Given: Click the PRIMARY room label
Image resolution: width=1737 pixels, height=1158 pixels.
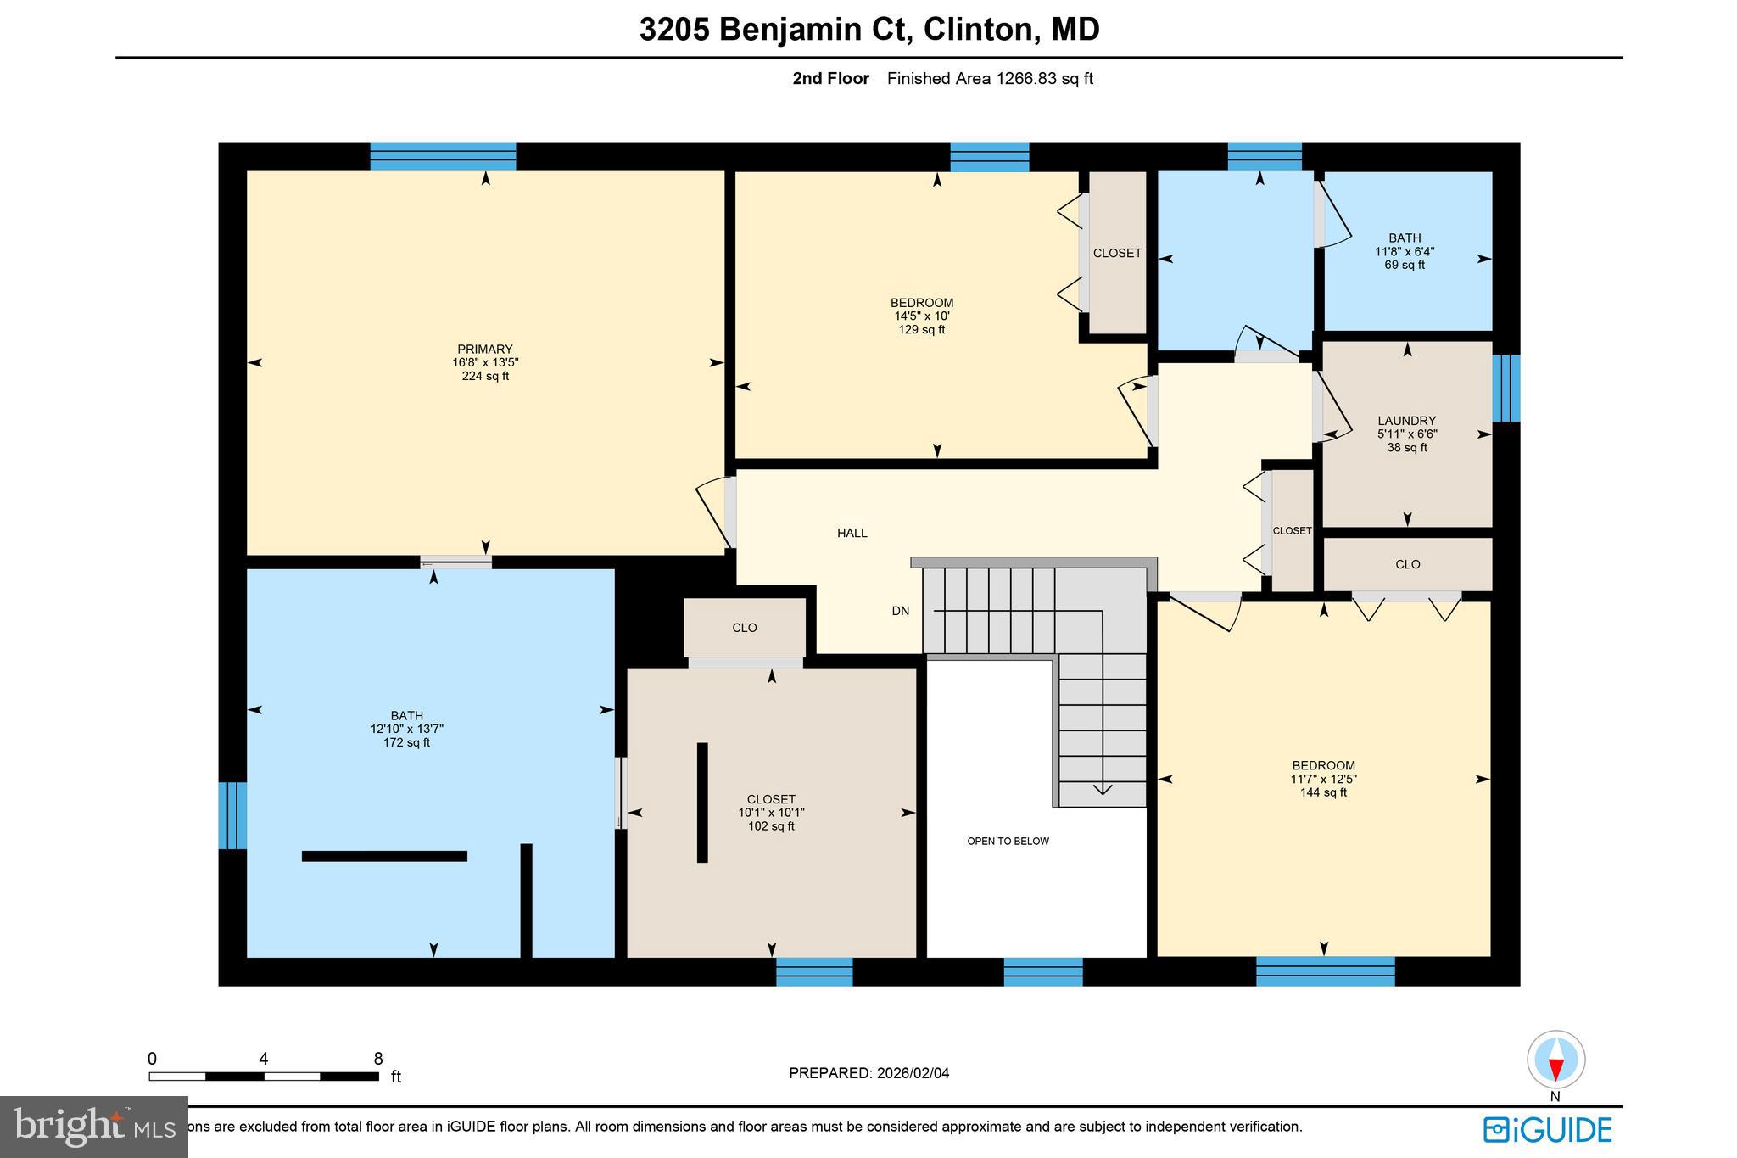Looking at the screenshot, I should (x=485, y=349).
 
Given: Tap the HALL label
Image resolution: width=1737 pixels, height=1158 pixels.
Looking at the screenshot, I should (x=852, y=533).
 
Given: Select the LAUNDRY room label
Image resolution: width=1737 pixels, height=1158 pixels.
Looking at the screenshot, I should (x=1406, y=421).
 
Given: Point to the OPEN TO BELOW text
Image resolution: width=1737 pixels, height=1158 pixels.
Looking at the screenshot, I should (x=1008, y=841).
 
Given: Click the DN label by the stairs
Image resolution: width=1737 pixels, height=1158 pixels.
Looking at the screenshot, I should (x=900, y=610).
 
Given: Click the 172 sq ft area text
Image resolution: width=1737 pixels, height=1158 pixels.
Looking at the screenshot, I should (x=406, y=742).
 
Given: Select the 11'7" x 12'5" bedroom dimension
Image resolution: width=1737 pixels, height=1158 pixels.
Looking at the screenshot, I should (x=1323, y=779).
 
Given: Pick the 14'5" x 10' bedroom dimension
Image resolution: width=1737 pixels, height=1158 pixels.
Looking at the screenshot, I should (x=921, y=316).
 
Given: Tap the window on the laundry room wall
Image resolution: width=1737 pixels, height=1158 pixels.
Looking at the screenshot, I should (x=1505, y=388).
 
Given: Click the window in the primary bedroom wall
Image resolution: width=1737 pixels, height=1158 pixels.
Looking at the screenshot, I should (x=443, y=156).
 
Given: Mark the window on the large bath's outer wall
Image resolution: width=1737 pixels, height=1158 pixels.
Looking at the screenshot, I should (x=232, y=815).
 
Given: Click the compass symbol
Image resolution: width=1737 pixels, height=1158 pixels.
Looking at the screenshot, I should (x=1555, y=1060).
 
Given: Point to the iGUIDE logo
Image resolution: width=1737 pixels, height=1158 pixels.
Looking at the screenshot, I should (x=1547, y=1130).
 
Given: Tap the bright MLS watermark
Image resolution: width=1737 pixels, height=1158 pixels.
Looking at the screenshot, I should (x=93, y=1127).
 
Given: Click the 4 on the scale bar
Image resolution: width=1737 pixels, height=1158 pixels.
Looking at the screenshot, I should (x=264, y=1059).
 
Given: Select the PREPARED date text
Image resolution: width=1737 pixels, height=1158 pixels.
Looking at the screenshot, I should (x=868, y=1073).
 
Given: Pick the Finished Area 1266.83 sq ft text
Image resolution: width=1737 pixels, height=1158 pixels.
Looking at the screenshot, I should (x=990, y=79).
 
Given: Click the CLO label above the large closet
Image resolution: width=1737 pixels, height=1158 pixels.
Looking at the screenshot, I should (x=744, y=628).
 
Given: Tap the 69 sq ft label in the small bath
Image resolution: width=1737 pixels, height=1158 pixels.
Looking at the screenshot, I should (x=1405, y=265).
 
